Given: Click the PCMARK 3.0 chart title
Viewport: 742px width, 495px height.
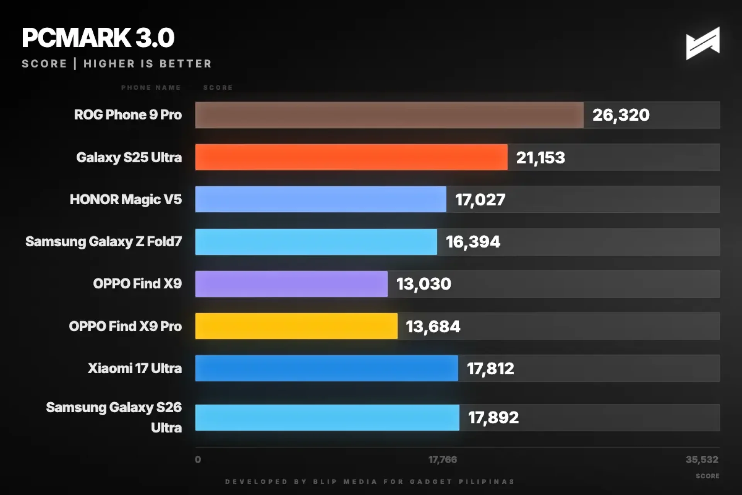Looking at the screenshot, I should click(98, 38).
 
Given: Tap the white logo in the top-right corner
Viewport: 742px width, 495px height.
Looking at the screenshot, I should click(703, 43).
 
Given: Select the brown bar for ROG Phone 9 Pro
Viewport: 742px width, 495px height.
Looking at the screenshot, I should click(389, 115).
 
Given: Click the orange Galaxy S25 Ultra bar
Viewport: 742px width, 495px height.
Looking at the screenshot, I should click(351, 157).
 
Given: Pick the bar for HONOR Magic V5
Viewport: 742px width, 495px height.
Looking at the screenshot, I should click(320, 199).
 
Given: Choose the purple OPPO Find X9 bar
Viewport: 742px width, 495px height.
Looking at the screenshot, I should click(291, 284).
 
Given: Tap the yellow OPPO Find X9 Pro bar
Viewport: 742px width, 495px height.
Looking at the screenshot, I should click(296, 326).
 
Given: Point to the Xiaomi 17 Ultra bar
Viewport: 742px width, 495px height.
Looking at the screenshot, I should click(326, 368).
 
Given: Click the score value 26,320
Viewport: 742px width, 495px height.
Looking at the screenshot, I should click(621, 115).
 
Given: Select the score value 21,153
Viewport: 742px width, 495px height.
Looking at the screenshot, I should click(540, 157).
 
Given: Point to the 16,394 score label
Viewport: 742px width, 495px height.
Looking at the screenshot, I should click(473, 242).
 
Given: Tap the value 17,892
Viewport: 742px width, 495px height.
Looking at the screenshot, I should click(493, 418).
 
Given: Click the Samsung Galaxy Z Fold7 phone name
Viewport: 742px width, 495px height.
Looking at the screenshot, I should click(104, 242).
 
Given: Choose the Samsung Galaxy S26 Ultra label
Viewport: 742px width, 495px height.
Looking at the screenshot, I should click(114, 417).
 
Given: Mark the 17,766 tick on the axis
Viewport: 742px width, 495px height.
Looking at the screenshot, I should click(442, 459).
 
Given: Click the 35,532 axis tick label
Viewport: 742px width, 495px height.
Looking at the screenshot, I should click(702, 459).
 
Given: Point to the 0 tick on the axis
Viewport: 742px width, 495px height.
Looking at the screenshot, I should click(198, 459).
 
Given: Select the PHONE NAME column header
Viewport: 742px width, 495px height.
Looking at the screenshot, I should click(151, 87).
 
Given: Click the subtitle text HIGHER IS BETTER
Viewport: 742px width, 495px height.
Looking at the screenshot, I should click(148, 64).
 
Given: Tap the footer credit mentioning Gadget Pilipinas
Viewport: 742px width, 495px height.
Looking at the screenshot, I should click(370, 481).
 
